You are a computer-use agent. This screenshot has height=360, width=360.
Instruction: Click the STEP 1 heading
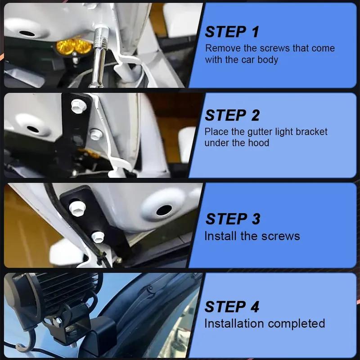pos(232,32)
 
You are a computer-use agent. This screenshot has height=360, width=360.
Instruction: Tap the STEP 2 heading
pos(232,116)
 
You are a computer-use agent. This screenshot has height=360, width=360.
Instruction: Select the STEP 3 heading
pos(233,219)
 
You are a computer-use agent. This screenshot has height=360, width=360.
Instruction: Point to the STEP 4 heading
pos(232,306)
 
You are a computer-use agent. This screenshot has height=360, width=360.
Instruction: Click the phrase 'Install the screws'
pos(252,236)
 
